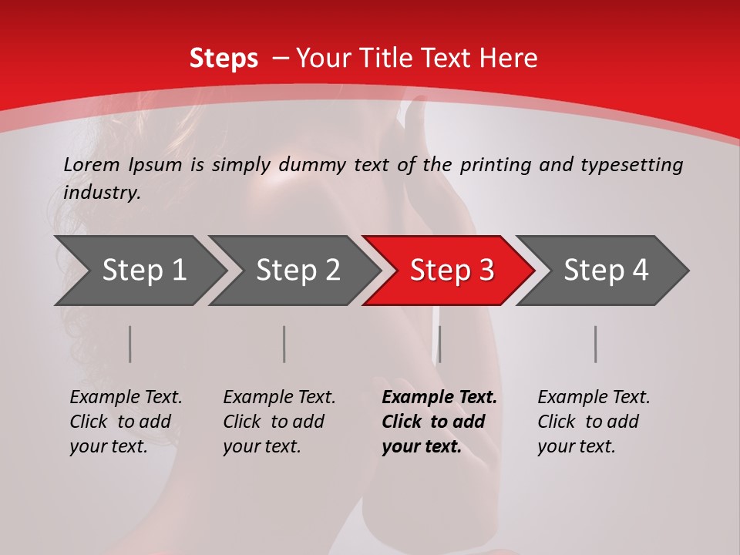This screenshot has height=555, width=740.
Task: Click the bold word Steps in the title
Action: click(x=224, y=59)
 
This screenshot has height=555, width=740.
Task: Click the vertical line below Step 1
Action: click(x=129, y=344)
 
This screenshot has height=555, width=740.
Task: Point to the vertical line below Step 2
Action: click(x=284, y=344)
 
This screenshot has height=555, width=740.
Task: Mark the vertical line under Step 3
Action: click(x=439, y=344)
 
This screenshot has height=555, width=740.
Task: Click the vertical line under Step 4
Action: click(x=596, y=344)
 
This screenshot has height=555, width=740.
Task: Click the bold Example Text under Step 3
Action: click(x=439, y=398)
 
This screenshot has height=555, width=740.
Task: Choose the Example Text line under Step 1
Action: click(x=126, y=398)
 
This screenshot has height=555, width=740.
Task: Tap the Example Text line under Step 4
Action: click(x=594, y=398)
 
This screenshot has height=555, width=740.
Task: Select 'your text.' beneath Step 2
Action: click(x=261, y=446)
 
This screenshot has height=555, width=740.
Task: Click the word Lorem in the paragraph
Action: click(x=92, y=164)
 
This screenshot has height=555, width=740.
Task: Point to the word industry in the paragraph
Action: click(x=102, y=193)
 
